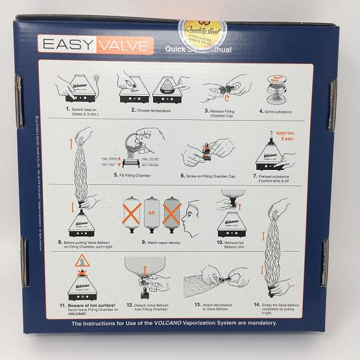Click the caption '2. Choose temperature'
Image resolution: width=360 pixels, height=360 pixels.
coord(151,111)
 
